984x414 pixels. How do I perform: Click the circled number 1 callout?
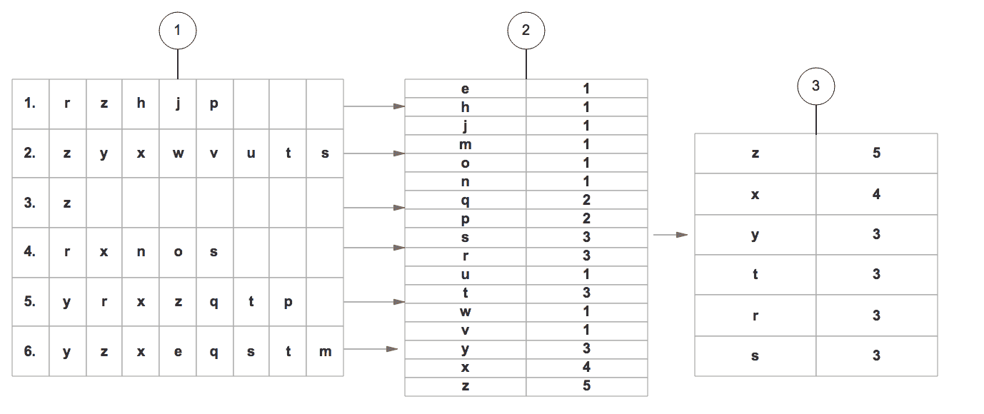coord(178,30)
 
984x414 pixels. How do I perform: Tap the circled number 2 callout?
coord(526,30)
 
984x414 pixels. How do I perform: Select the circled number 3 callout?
coord(815,86)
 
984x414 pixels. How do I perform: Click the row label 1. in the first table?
coord(30,103)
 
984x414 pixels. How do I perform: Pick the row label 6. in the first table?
coord(30,351)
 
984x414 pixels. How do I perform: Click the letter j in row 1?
coord(178,104)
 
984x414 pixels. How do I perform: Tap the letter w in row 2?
coord(178,153)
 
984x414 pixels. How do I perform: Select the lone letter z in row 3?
coord(67,203)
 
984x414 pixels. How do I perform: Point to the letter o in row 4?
coord(178,252)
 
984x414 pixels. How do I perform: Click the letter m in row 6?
coord(325,352)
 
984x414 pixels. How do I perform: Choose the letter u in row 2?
coord(251,153)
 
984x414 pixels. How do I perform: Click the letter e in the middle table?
coord(465,89)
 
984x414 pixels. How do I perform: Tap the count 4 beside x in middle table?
coord(586,367)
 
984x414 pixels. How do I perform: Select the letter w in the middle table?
coord(465,312)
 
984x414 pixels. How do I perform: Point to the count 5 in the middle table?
coord(586,385)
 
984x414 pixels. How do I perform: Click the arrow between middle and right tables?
coord(671,235)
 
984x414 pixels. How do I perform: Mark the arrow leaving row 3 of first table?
coord(374,207)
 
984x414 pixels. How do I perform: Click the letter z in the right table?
coord(755,153)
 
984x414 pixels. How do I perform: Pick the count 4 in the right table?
coord(876,194)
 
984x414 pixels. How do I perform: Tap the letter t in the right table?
coord(755,274)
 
